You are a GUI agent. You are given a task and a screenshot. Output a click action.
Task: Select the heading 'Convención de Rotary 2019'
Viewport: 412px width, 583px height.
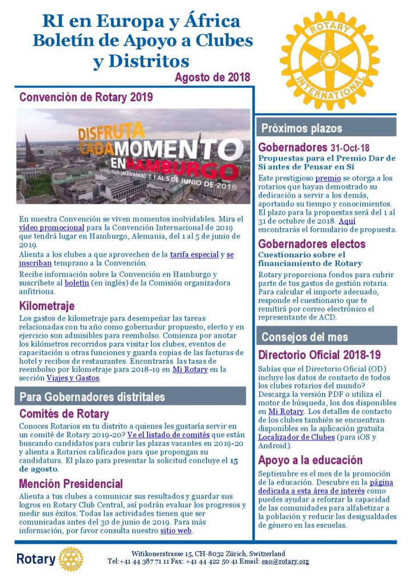86,97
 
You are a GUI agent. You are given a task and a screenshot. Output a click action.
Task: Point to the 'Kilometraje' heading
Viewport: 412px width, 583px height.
47,306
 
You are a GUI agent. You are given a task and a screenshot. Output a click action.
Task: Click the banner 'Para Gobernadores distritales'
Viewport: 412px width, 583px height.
92,396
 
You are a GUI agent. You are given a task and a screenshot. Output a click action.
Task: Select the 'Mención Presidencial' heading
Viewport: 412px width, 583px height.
71,484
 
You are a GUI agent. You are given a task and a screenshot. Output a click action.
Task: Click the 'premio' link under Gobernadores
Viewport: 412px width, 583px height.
328,178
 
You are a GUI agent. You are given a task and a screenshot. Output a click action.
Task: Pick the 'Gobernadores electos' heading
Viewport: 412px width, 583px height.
312,244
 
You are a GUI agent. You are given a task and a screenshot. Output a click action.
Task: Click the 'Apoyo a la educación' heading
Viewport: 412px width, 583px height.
310,460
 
